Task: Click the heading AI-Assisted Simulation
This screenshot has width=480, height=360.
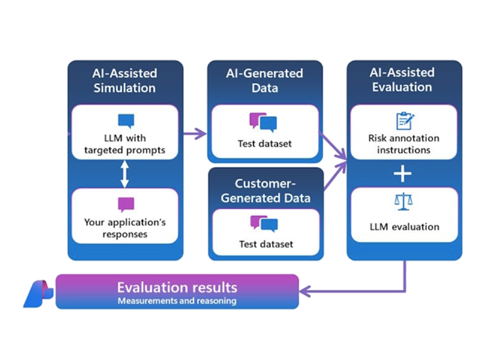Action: coord(125,80)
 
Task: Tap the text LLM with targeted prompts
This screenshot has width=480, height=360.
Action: coord(124,144)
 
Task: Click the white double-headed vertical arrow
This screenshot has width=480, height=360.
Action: coord(125,175)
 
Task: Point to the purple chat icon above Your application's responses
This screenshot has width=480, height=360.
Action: coord(126,205)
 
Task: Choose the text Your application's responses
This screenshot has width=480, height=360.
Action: coord(125,228)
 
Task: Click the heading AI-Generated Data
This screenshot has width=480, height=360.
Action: coord(265,80)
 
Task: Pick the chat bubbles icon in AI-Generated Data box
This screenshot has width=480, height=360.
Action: coord(263,122)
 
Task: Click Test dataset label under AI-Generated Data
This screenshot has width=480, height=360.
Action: coord(265,144)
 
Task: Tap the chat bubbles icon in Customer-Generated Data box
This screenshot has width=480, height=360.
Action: coord(264,223)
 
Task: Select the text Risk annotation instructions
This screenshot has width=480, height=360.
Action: coord(403,144)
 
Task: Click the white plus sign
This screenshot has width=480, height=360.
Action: coord(403,174)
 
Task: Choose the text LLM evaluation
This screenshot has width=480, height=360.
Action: coord(403,226)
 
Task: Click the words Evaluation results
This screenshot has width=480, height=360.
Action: coord(177,287)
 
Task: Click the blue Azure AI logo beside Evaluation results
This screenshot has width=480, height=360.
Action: coord(38,293)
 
